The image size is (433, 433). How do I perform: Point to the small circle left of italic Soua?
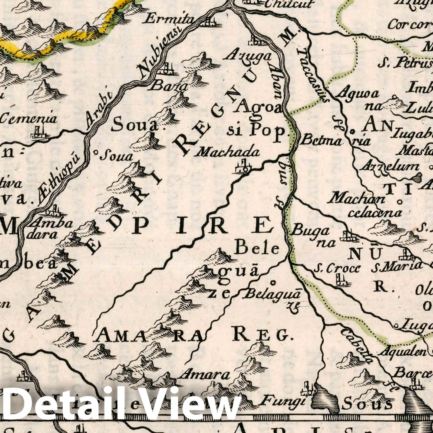tap(95, 153)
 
